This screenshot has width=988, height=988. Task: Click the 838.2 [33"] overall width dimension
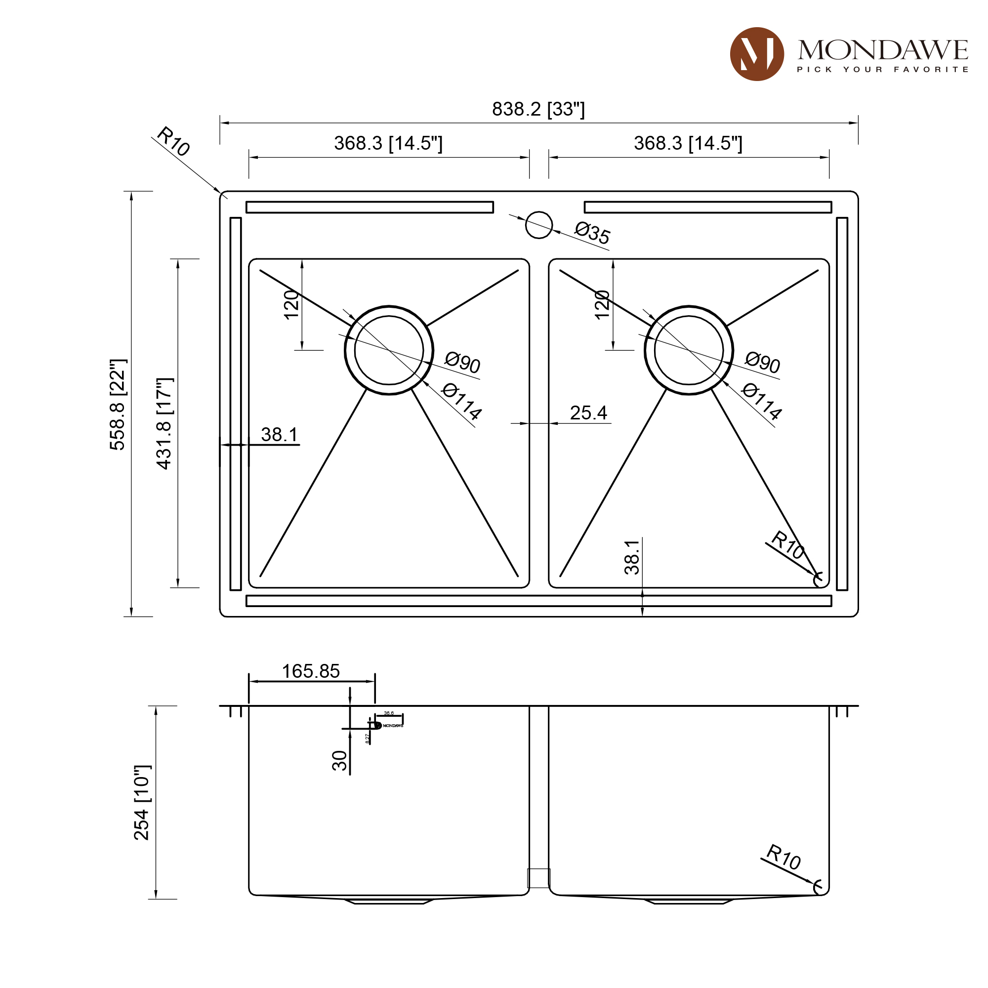coord(538,109)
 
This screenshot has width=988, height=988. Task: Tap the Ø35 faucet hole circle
coord(539,225)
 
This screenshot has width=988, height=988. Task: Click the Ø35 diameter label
coord(592,233)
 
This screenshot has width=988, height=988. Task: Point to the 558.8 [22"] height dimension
coord(118,404)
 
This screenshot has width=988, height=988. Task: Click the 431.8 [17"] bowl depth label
coord(165,423)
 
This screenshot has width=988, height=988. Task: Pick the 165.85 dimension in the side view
coord(310,671)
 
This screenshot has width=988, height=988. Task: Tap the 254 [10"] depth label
coord(142,803)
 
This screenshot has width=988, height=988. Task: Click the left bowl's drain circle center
coord(389,350)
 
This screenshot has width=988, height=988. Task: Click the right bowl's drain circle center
coord(689,350)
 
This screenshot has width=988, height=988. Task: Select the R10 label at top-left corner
coord(173,141)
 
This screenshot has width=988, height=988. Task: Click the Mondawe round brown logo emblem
coord(757,54)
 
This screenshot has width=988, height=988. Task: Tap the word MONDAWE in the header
coord(883,50)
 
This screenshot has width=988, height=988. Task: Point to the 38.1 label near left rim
coord(279,435)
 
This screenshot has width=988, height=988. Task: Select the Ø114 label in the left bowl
coord(461,402)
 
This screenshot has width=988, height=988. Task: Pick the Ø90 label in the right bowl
coord(762,363)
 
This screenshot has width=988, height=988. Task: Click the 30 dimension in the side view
coord(339,760)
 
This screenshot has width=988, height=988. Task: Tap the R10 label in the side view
coord(783,857)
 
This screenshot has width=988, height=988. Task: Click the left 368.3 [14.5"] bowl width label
coord(388,143)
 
